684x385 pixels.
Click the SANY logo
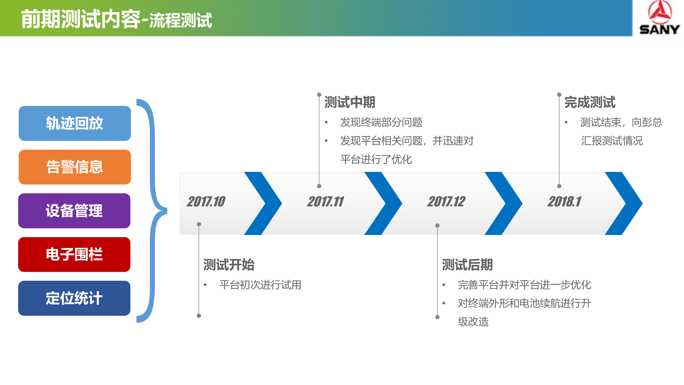coord(659,18)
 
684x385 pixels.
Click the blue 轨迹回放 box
coord(75,123)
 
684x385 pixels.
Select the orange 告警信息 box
coord(75,167)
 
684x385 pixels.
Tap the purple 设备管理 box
coord(74,211)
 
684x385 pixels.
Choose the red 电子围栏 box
coord(74,254)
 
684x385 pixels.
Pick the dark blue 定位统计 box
coord(74,298)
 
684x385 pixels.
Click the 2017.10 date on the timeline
coord(206,202)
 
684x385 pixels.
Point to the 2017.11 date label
coord(325,202)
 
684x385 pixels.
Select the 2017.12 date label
coord(446,202)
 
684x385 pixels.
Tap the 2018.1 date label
coord(564,202)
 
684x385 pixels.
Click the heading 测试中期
coord(350,102)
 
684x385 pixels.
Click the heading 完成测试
coord(590,102)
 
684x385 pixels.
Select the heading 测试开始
coord(229,265)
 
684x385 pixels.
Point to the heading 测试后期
coord(467,265)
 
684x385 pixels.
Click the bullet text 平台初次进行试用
coord(260,285)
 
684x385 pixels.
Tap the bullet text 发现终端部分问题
coord(381,122)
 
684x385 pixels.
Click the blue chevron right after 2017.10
coord(263,203)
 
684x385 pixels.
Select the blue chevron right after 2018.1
coord(624,203)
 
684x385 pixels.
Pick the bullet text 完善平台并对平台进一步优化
coord(524,285)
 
